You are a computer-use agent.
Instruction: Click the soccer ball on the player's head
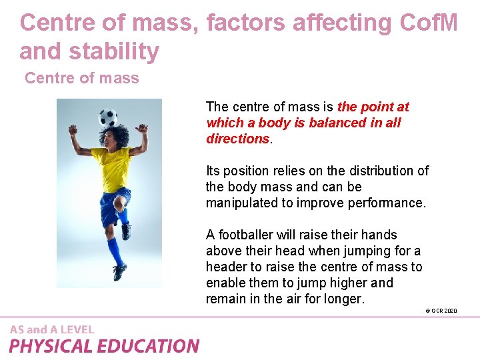pyautogui.click(x=108, y=118)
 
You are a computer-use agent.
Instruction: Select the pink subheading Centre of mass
pyautogui.click(x=82, y=78)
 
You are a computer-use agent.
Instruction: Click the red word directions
pyautogui.click(x=237, y=139)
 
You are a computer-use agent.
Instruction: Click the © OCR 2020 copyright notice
pyautogui.click(x=441, y=311)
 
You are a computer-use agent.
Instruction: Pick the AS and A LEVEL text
pyautogui.click(x=52, y=329)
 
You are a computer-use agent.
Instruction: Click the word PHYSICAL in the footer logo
pyautogui.click(x=51, y=346)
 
